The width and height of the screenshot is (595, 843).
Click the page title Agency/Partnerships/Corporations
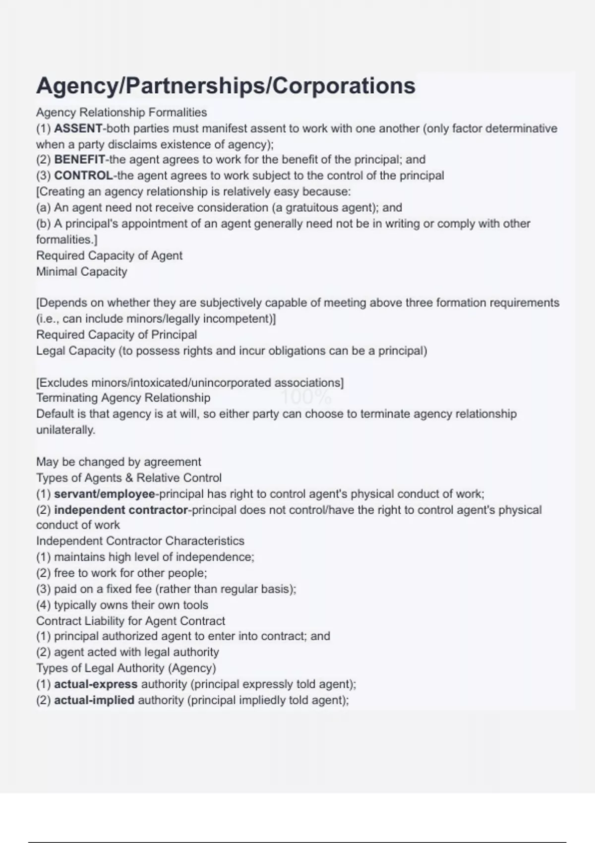226,86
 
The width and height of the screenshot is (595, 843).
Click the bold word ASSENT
78,128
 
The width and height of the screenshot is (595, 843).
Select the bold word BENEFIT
79,160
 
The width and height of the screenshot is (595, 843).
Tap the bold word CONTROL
83,176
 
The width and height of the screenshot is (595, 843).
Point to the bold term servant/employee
104,494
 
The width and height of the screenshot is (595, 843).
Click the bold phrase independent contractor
121,510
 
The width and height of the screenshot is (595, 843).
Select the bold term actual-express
96,684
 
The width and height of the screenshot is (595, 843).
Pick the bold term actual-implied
94,700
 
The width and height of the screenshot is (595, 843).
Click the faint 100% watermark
306,397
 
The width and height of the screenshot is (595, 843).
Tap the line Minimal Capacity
82,272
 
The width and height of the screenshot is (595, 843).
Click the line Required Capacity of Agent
109,256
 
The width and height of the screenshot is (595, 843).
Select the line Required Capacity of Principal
117,335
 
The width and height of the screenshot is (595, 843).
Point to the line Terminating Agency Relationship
123,398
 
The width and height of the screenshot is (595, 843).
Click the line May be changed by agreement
119,462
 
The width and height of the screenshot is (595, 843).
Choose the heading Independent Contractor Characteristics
140,541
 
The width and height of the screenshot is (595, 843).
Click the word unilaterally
65,430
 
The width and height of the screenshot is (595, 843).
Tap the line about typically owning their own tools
122,605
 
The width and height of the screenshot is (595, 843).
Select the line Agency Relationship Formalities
121,113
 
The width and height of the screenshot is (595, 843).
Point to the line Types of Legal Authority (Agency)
126,668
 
